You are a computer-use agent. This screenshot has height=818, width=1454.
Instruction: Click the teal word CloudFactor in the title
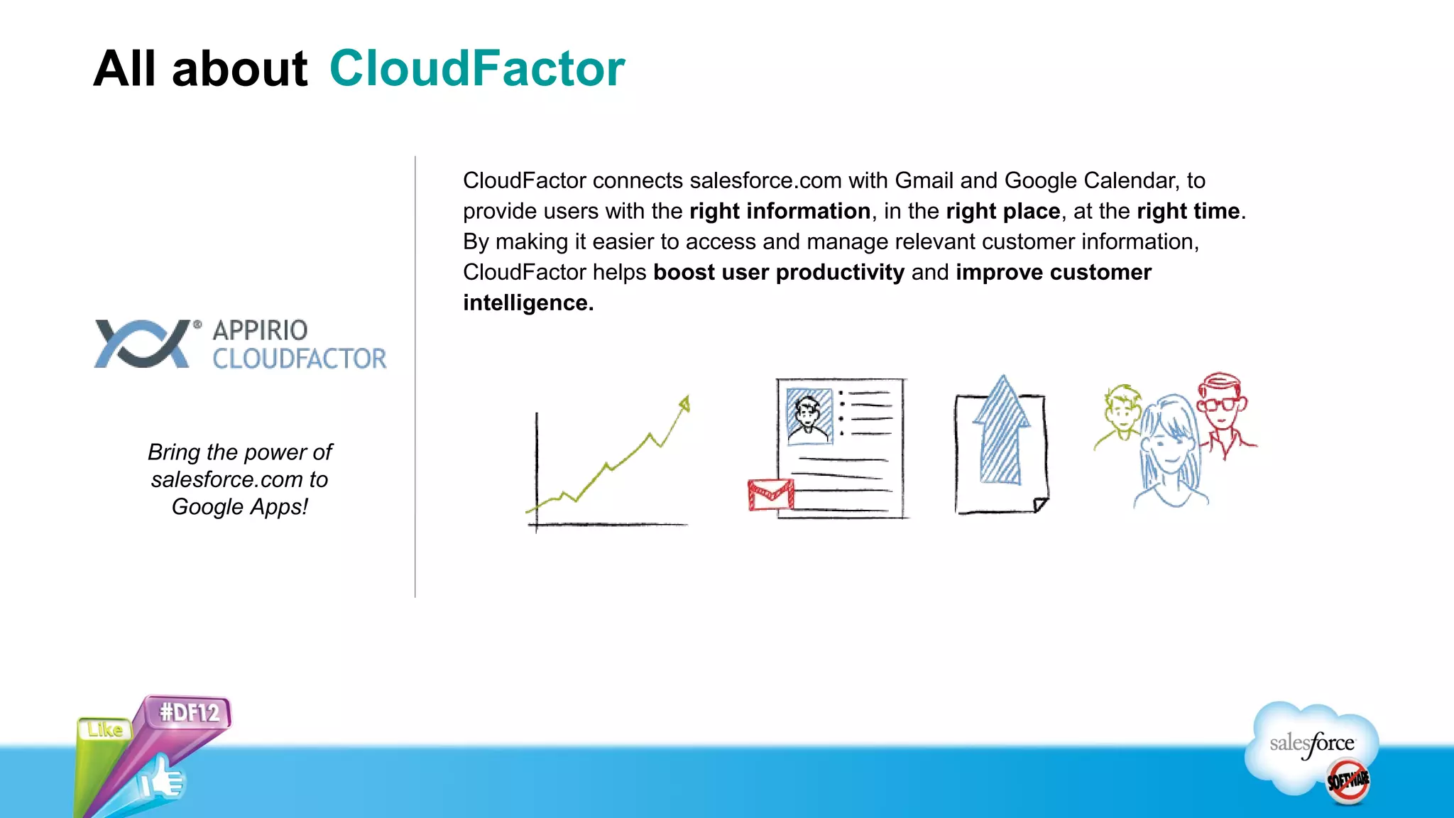tap(477, 69)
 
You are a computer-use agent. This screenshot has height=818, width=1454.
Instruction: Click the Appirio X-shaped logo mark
tap(143, 344)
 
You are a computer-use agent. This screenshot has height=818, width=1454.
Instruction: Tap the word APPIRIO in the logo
tap(260, 330)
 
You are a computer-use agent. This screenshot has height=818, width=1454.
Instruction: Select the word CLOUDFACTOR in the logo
tap(300, 359)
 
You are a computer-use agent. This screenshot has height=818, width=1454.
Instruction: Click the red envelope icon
tap(770, 495)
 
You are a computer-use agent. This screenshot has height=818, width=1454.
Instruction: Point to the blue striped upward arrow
tap(1001, 433)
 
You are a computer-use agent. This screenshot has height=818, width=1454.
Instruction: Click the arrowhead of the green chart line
tap(684, 404)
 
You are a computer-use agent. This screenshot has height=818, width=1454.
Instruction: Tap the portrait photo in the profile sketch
tap(809, 416)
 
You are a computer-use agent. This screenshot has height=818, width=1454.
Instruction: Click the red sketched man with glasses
tap(1223, 412)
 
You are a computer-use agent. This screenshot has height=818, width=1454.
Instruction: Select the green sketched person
tap(1120, 415)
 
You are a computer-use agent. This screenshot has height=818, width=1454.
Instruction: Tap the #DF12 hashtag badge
tap(189, 712)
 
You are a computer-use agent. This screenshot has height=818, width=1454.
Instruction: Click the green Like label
tap(105, 729)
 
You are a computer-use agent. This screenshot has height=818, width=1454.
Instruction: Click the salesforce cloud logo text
tap(1312, 743)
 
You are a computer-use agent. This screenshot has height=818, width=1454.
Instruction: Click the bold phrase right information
tap(780, 211)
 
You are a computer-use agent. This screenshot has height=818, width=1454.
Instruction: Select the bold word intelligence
tap(528, 303)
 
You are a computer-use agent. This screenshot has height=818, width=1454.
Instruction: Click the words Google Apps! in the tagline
tap(240, 507)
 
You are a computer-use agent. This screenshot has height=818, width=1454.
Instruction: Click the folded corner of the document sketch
tap(1040, 505)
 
